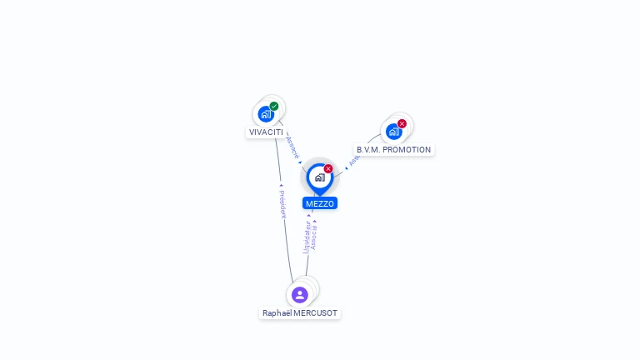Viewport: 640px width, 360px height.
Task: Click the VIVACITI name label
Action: tap(266, 132)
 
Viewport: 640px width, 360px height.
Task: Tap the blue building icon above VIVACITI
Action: tap(265, 113)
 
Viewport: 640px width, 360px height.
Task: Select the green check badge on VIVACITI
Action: tap(274, 106)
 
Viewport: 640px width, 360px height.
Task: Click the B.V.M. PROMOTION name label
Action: tap(393, 150)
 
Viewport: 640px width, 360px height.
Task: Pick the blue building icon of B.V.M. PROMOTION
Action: tap(393, 132)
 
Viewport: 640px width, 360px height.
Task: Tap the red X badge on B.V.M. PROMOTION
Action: tap(402, 123)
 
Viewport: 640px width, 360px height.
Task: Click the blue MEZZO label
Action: tap(320, 203)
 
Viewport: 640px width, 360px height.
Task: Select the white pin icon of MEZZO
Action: tap(319, 177)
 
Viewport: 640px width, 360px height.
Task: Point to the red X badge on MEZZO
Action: tap(328, 168)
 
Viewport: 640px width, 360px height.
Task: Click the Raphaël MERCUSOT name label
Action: tap(300, 313)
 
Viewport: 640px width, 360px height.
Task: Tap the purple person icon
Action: tap(300, 294)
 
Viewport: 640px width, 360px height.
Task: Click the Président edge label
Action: tap(282, 203)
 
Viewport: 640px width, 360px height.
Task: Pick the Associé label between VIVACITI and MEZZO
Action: tap(292, 147)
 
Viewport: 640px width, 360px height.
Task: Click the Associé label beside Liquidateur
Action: tap(314, 237)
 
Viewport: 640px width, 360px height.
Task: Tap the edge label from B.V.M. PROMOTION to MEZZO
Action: tap(352, 159)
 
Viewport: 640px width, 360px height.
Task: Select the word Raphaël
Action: tap(277, 313)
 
